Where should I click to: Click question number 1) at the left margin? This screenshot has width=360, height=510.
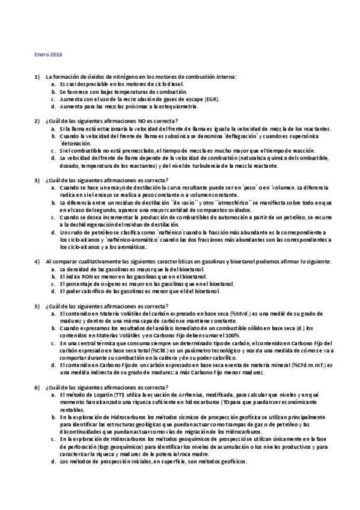coord(37,77)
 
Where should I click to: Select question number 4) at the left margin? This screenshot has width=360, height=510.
coord(37,262)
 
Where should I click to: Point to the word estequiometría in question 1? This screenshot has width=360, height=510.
coord(177,106)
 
